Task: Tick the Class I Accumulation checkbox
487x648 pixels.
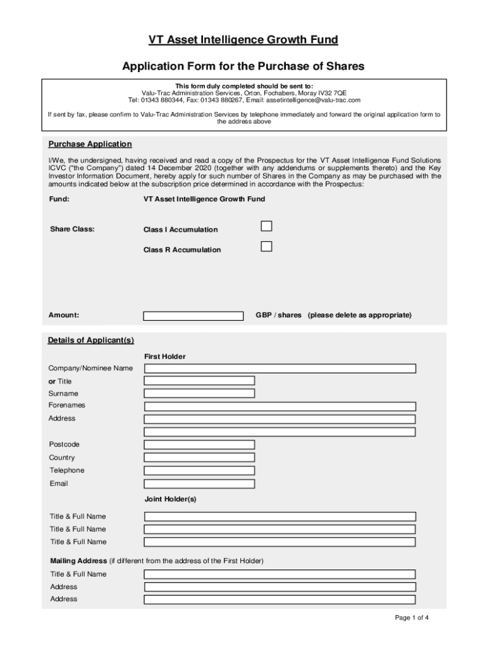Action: (x=267, y=227)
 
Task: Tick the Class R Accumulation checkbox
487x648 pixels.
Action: (x=267, y=247)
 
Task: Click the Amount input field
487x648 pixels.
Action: (x=193, y=316)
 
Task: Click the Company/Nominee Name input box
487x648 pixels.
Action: (x=280, y=368)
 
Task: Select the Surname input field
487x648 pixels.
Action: (x=199, y=393)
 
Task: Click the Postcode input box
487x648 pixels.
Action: (x=199, y=444)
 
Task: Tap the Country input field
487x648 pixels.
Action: (x=199, y=458)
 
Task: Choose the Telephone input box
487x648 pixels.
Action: (x=199, y=471)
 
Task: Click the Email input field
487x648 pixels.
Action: (x=199, y=484)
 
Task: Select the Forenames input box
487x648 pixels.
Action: (x=280, y=406)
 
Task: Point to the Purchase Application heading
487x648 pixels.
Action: (x=90, y=144)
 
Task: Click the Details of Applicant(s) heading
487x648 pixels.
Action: (x=91, y=340)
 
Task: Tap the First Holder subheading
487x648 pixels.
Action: (x=165, y=357)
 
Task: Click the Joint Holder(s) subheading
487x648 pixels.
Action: (x=170, y=499)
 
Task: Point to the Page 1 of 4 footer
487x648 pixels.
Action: (x=412, y=618)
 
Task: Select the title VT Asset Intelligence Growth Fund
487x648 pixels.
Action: (x=244, y=40)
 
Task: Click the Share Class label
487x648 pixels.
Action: (x=72, y=229)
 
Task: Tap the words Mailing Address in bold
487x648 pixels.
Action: (x=78, y=561)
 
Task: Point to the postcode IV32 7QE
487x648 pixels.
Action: (x=333, y=93)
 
